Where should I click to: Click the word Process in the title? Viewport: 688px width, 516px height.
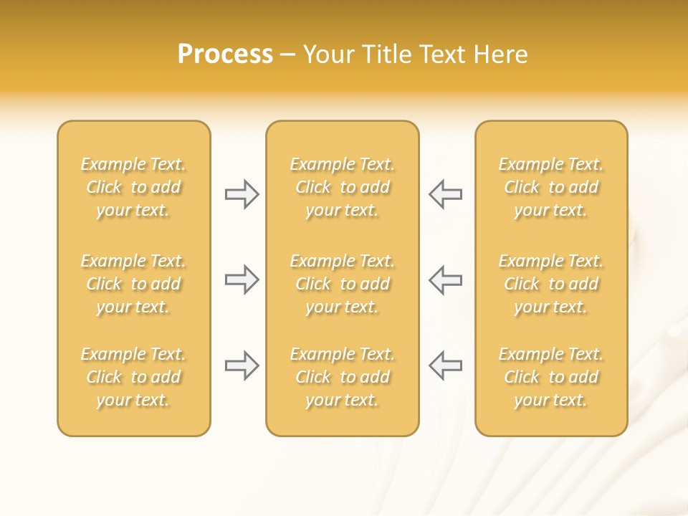[225, 54]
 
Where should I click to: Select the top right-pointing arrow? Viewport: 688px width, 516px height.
[242, 194]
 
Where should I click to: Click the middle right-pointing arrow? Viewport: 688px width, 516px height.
[242, 279]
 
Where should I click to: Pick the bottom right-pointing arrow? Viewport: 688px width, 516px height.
[242, 365]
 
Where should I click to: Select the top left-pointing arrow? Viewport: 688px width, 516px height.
[445, 194]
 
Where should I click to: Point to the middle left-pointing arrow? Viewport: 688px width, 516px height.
[445, 279]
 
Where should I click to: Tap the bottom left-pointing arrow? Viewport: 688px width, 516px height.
[445, 365]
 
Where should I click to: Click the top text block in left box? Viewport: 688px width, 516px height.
[133, 187]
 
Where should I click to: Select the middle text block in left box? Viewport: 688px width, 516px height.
[133, 284]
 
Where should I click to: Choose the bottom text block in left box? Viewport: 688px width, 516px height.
[133, 377]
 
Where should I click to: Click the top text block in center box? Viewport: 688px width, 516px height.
[343, 187]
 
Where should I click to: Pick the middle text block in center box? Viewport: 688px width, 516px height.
[343, 284]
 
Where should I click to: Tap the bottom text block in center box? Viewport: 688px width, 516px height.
[343, 377]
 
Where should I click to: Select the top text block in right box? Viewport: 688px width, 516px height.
[551, 187]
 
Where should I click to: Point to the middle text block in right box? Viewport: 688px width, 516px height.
[551, 284]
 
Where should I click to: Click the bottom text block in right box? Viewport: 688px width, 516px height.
[551, 377]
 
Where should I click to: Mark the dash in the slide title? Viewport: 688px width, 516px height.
[288, 55]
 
